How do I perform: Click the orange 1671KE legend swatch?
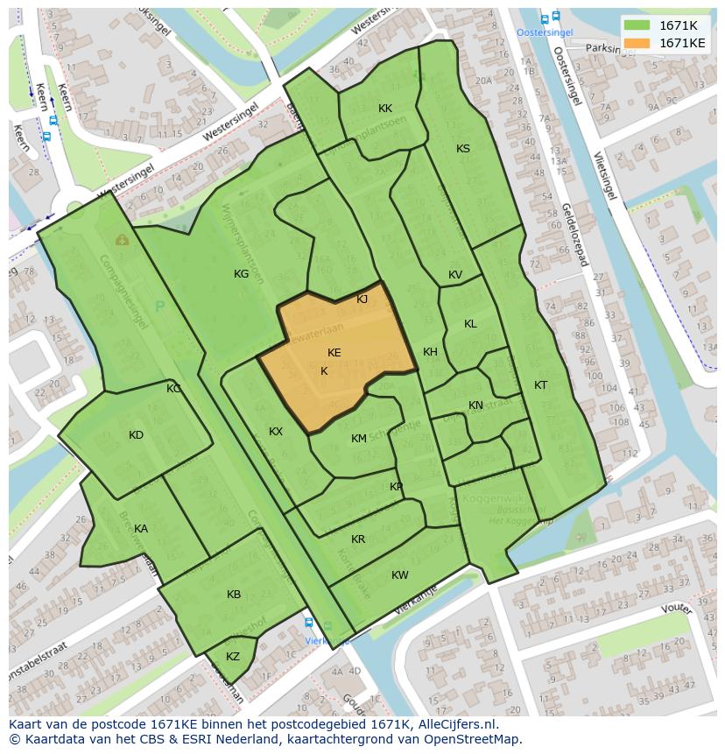click(637, 43)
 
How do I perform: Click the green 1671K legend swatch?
click(637, 25)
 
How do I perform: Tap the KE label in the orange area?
click(334, 353)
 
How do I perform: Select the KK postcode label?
click(385, 109)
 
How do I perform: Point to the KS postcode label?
click(463, 149)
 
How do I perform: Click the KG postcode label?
click(241, 274)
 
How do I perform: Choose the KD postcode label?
click(136, 435)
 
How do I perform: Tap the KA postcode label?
click(141, 529)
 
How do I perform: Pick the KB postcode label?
click(234, 595)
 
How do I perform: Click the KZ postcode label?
click(233, 657)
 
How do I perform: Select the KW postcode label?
click(400, 575)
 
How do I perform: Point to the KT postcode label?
click(541, 385)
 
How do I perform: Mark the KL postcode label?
click(470, 324)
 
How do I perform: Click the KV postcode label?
click(455, 275)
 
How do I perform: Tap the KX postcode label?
click(276, 432)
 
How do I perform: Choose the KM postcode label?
click(359, 439)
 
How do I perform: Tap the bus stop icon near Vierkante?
click(308, 623)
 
